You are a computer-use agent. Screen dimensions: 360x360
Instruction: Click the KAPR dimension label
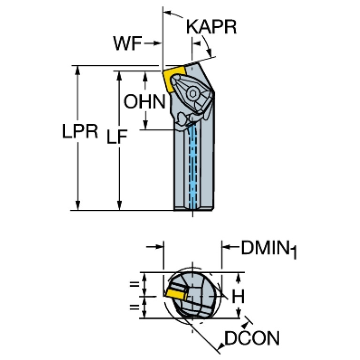[211, 27]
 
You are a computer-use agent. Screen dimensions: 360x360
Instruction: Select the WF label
[127, 43]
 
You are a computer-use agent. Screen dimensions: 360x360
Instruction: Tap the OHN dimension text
[145, 101]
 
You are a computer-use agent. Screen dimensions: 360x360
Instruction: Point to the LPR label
[80, 131]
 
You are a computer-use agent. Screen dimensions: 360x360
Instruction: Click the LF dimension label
[117, 137]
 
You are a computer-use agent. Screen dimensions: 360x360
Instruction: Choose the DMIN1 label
[269, 249]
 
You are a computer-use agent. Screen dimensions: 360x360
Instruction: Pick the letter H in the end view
[238, 296]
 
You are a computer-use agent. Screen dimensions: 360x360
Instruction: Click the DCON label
[252, 338]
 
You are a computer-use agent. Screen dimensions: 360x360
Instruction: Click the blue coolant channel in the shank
[193, 165]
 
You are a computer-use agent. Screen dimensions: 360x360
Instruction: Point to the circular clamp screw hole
[193, 93]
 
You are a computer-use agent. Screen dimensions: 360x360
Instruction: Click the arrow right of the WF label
[153, 43]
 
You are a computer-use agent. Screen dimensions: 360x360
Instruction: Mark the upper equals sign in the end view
[135, 284]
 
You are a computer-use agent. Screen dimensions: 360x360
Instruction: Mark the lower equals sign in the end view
[135, 307]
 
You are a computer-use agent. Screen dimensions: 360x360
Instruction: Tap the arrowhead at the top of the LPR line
[77, 70]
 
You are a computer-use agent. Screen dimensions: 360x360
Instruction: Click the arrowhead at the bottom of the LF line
[119, 205]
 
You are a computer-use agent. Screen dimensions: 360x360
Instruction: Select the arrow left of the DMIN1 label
[230, 247]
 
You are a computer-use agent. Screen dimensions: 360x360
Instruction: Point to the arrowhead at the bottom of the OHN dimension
[145, 125]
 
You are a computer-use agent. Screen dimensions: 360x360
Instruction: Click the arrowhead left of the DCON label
[245, 325]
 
